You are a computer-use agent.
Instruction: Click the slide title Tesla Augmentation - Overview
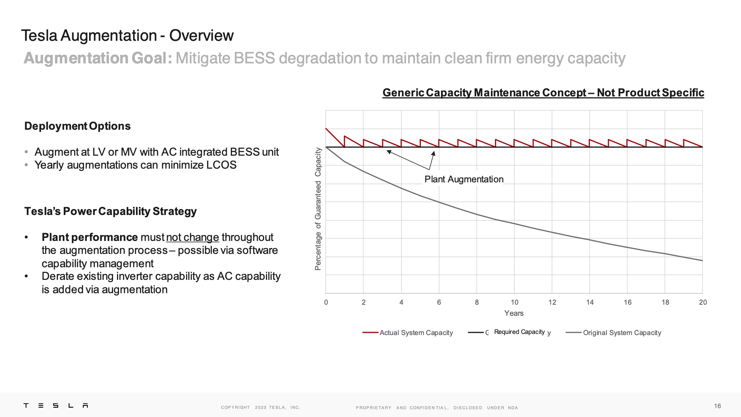pos(127,36)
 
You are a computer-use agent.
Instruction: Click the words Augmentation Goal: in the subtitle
pos(98,58)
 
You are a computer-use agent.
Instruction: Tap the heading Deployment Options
pos(77,126)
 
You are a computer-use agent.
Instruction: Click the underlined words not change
pos(192,237)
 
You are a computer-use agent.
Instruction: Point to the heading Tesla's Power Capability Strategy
pos(110,211)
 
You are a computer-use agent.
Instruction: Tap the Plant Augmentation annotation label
pos(464,179)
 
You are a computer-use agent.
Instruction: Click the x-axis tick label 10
pos(514,302)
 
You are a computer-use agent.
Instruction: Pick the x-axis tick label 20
pos(702,302)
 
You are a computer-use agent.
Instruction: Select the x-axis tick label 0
pos(326,302)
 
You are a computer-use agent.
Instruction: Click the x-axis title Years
pos(514,314)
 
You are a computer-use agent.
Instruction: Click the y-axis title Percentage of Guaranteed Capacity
pos(318,209)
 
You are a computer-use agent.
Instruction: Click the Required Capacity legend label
pos(519,332)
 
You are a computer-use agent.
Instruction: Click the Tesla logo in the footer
pos(56,406)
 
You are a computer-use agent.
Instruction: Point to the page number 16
pos(717,406)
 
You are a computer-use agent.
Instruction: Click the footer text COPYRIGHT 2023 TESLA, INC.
pos(260,408)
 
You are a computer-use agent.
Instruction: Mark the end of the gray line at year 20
pos(702,261)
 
